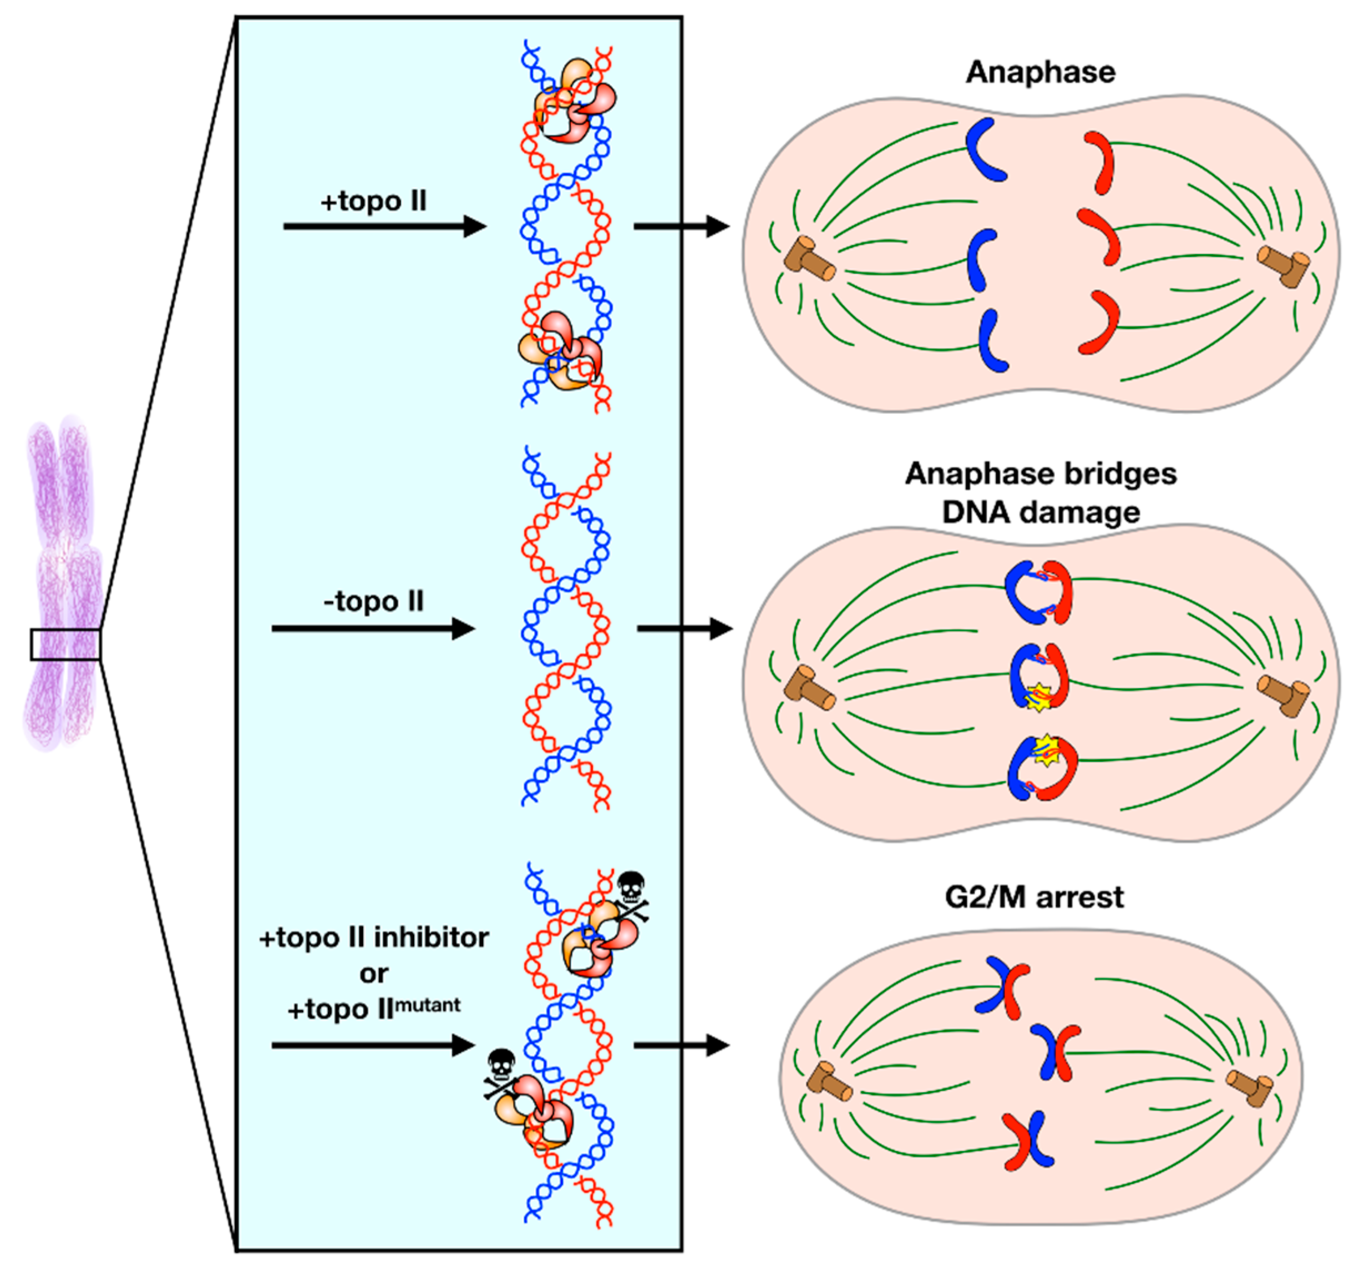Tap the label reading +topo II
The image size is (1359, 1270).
tap(373, 201)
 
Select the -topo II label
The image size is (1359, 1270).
tap(373, 601)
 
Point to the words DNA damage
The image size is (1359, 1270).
tap(1041, 512)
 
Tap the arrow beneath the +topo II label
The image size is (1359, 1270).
tap(384, 226)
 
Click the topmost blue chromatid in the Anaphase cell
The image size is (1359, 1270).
tap(985, 150)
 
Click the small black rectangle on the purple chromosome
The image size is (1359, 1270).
tap(65, 644)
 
